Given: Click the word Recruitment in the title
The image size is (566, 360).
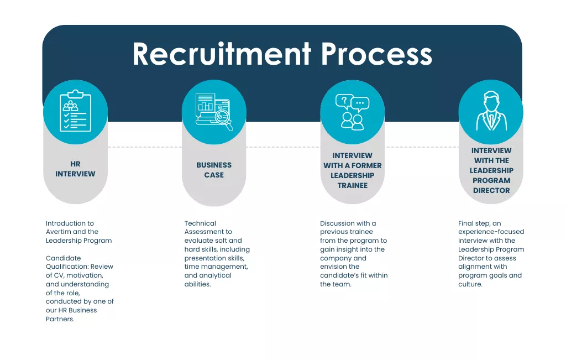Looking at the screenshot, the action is tap(222, 54).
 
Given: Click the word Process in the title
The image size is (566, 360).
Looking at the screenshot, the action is tap(376, 54).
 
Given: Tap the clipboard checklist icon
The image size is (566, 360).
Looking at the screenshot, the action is tap(75, 111).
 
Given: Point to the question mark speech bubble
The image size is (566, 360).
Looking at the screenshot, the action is tap(344, 101).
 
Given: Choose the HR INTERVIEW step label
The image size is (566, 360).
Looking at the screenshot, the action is tap(75, 169).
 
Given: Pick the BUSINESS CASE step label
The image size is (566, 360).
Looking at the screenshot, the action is tap(214, 170).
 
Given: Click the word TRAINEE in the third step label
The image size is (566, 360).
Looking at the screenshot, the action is tap(352, 186).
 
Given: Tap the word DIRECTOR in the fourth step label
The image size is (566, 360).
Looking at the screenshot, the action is tap(491, 190).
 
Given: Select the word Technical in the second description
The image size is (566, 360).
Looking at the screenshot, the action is tap(200, 223).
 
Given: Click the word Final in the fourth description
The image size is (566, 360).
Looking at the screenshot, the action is tap(466, 223).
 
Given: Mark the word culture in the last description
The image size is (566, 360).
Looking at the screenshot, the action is tap(469, 284).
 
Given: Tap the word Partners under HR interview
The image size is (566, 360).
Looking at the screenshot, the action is tap(59, 319).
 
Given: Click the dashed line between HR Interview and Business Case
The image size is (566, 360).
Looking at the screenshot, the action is tap(145, 147).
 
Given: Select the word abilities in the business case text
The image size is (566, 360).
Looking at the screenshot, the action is tap(197, 284).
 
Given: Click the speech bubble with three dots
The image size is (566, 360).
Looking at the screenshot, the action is tap(360, 103).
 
